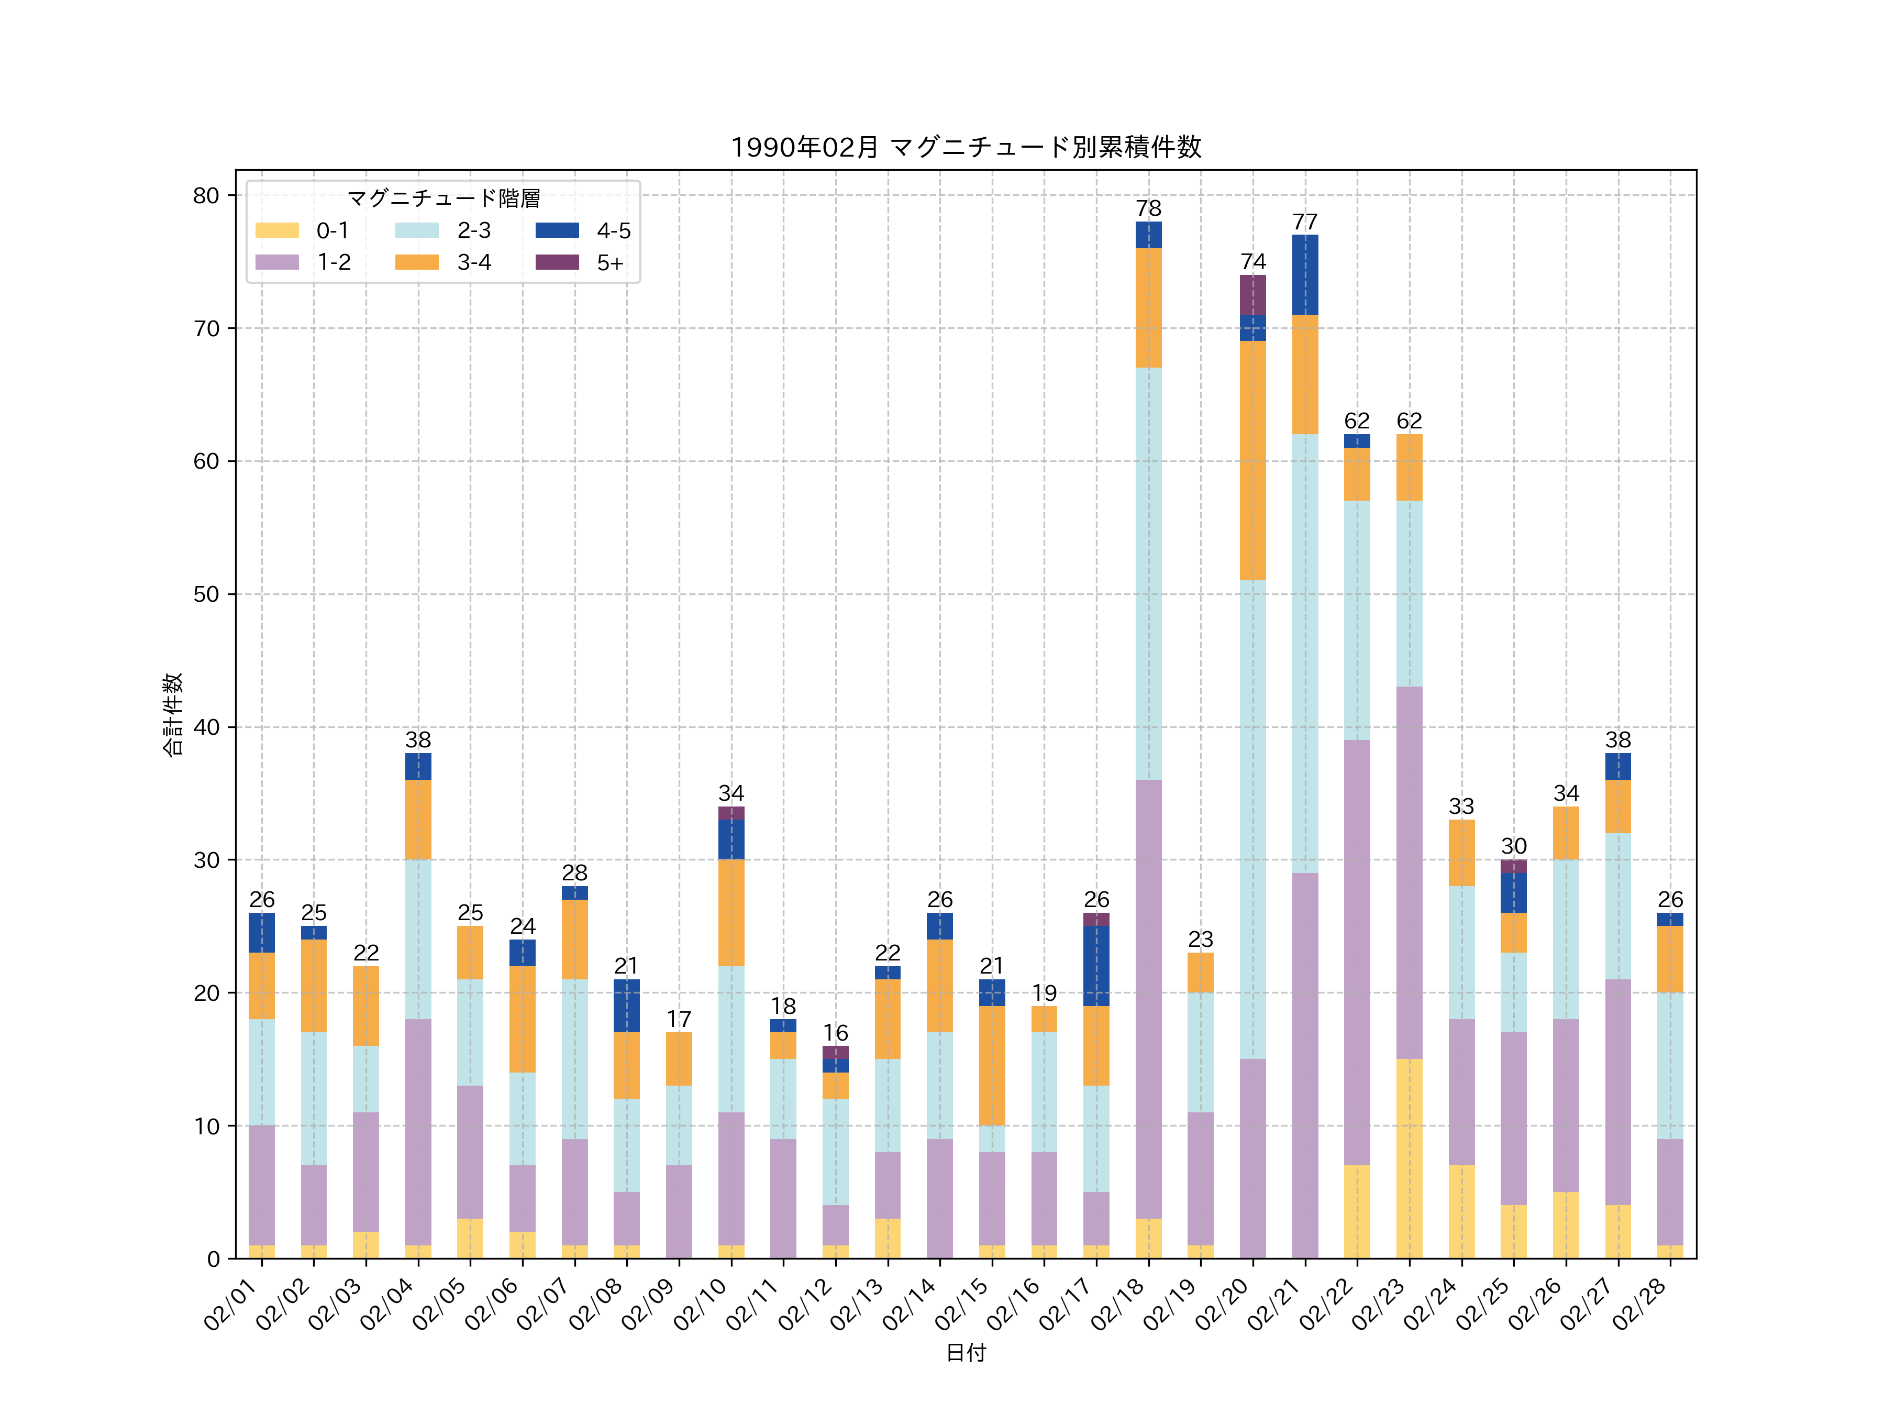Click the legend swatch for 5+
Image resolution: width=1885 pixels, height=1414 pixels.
pyautogui.click(x=557, y=262)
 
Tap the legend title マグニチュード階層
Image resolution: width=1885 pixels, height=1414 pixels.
pyautogui.click(x=443, y=198)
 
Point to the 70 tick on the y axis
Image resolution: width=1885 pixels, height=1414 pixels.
pyautogui.click(x=206, y=328)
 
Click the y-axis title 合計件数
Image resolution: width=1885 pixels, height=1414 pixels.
pyautogui.click(x=172, y=714)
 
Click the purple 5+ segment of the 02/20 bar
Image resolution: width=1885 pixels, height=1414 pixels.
pyautogui.click(x=1252, y=295)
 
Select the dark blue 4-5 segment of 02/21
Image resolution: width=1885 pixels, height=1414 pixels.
pyautogui.click(x=1305, y=274)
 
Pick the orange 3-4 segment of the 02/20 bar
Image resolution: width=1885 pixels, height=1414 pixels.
pyautogui.click(x=1252, y=460)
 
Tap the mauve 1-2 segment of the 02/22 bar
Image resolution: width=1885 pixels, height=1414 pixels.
pyautogui.click(x=1357, y=952)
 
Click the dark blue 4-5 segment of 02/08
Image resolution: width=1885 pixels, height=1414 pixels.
pyautogui.click(x=626, y=1006)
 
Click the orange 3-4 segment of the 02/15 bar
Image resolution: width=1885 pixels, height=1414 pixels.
pyautogui.click(x=991, y=1065)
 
